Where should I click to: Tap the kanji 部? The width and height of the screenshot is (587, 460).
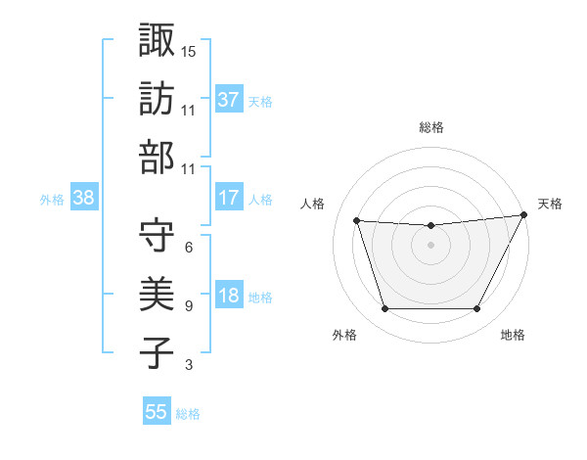click(157, 158)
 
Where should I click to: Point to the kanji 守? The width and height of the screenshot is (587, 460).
click(157, 235)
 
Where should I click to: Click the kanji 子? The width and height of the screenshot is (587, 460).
click(157, 352)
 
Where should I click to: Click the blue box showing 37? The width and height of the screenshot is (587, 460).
click(229, 99)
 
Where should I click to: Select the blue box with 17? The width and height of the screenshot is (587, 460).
click(229, 198)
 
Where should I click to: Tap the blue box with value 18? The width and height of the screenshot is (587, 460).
click(229, 296)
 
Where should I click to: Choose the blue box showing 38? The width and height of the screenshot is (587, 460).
click(84, 198)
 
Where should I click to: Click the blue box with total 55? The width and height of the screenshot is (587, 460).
click(157, 412)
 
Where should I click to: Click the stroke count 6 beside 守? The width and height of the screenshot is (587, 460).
click(188, 248)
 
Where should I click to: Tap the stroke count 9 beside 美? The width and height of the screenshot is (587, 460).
click(188, 306)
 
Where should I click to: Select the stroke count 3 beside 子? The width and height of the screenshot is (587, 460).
click(188, 366)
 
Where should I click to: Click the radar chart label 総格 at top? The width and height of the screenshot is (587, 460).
click(431, 127)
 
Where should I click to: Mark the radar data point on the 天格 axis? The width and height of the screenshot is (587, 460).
click(524, 215)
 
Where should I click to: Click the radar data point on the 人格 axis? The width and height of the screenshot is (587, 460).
click(357, 221)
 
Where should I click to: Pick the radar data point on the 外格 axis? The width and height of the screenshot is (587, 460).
click(384, 309)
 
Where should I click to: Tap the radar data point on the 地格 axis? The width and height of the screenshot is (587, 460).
click(477, 309)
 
